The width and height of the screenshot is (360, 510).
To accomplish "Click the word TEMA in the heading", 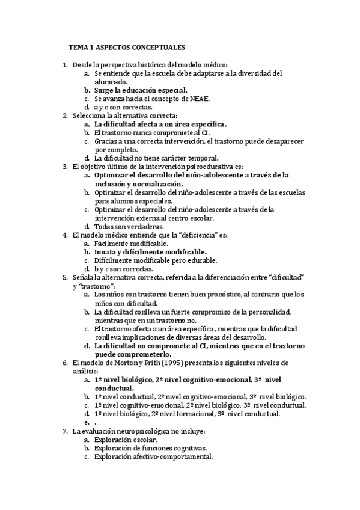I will click(78, 46).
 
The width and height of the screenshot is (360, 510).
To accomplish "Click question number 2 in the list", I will click(65, 115).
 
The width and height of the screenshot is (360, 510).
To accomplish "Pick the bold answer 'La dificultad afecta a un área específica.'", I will click(160, 124).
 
